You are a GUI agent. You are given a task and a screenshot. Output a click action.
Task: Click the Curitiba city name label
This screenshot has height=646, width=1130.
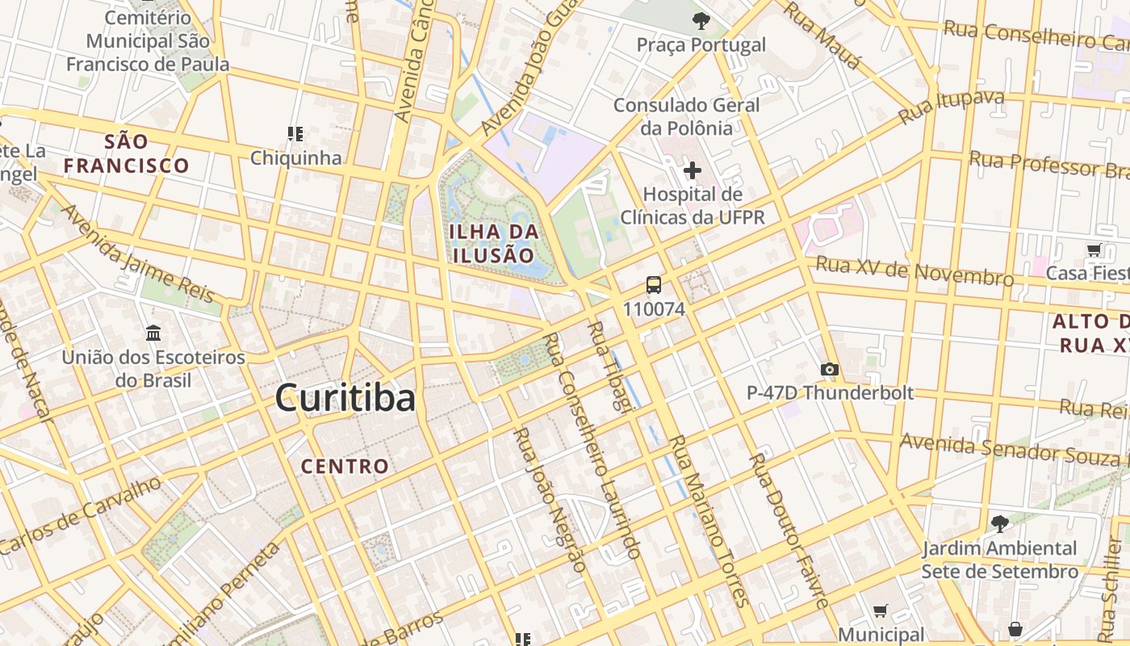point(345,398)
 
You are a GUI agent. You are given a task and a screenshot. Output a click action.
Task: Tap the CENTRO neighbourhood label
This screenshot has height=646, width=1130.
point(345,466)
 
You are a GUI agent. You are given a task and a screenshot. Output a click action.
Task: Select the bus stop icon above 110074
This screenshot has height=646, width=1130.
point(654,285)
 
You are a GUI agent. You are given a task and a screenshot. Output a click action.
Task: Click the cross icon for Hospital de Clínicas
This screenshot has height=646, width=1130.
point(692,170)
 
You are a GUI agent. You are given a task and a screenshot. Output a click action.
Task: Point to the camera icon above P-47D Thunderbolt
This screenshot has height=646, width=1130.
point(829,369)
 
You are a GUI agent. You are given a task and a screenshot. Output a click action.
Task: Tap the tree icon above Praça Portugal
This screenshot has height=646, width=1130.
point(701,21)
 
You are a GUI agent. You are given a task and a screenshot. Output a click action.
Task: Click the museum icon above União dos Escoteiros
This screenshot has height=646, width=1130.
point(153,333)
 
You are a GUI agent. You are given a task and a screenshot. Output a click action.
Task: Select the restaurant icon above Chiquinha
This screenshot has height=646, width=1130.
point(295,133)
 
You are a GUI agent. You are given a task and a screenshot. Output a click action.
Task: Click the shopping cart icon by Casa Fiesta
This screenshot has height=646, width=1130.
point(1094,250)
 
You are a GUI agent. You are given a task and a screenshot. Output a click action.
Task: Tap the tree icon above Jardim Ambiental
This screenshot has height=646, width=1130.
point(999,524)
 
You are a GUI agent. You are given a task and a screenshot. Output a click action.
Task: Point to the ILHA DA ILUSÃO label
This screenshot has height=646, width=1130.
point(493,243)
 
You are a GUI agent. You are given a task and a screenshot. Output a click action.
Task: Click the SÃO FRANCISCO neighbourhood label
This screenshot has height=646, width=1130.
point(127,153)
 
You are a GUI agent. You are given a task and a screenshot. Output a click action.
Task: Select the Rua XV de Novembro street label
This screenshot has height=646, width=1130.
point(914,271)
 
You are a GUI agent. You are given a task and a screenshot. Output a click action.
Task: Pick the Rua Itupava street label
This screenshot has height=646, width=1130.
point(952,107)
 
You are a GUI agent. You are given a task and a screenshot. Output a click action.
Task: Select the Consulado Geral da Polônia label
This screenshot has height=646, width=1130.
point(686,116)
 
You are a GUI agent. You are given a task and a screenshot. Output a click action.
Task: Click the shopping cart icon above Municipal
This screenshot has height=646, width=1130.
point(881,611)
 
